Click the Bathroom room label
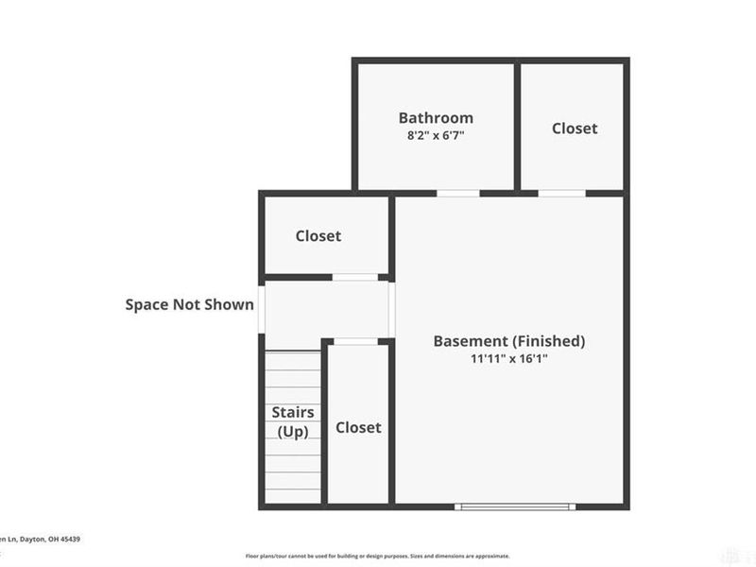pyautogui.click(x=436, y=118)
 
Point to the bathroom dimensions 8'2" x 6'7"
pyautogui.click(x=436, y=135)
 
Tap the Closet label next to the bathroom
pyautogui.click(x=575, y=128)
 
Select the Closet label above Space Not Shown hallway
pyautogui.click(x=318, y=235)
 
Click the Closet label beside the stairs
pyautogui.click(x=359, y=427)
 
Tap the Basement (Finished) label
pyautogui.click(x=509, y=340)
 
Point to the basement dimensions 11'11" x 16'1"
pyautogui.click(x=509, y=358)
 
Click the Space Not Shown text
pyautogui.click(x=190, y=304)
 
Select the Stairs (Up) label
pyautogui.click(x=293, y=421)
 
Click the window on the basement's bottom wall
pyautogui.click(x=515, y=507)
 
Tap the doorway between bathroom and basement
pyautogui.click(x=458, y=194)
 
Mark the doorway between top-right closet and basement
pyautogui.click(x=561, y=194)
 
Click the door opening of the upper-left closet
pyautogui.click(x=355, y=277)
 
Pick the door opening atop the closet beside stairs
pyautogui.click(x=356, y=341)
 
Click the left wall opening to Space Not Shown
pyautogui.click(x=262, y=308)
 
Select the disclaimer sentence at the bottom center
pyautogui.click(x=378, y=556)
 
